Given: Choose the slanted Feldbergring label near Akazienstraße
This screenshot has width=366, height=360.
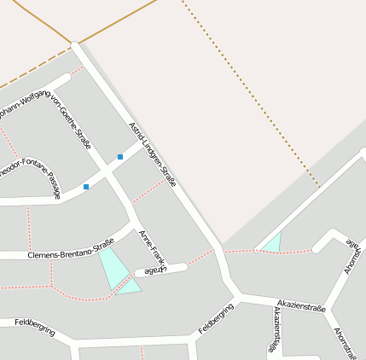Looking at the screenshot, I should point(216,318).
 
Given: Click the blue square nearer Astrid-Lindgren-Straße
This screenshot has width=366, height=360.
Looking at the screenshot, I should point(120,157).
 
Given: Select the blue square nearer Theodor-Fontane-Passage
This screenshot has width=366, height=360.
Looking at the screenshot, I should point(86,186).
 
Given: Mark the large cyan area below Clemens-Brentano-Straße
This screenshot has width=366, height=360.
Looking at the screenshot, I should point(113,267).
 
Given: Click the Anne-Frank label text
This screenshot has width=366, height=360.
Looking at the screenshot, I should point(151,247).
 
